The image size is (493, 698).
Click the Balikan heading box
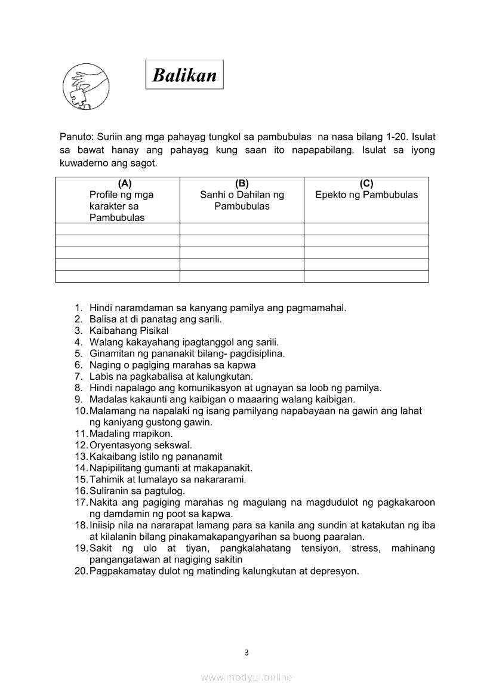pyautogui.click(x=184, y=75)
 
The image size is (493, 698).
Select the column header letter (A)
pyautogui.click(x=125, y=183)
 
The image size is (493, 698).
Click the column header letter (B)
pyautogui.click(x=242, y=183)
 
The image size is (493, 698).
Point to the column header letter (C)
pyautogui.click(x=366, y=183)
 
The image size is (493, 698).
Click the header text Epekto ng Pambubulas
pyautogui.click(x=366, y=195)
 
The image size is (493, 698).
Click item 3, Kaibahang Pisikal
pyautogui.click(x=129, y=331)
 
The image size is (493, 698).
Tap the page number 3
pyautogui.click(x=246, y=652)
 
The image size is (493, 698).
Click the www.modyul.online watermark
pyautogui.click(x=246, y=677)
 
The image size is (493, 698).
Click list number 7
pyautogui.click(x=78, y=377)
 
